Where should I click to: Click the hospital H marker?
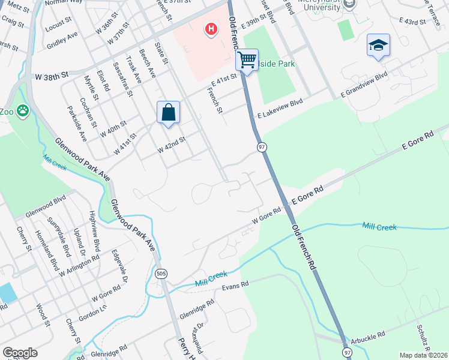[x=211, y=29]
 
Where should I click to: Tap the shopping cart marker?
[x=246, y=60]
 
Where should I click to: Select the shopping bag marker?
[x=168, y=112]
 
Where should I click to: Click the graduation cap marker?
[x=378, y=45]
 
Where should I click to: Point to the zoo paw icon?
[x=23, y=110]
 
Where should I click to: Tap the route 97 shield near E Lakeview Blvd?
[x=262, y=147]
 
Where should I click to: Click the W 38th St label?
[x=52, y=77]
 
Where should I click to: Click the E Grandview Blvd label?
[x=364, y=86]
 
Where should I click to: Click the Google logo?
[x=20, y=353]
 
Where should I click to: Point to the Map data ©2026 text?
[x=423, y=355]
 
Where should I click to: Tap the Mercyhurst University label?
[x=330, y=5]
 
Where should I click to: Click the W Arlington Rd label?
[x=79, y=267]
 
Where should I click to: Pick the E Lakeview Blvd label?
[x=280, y=108]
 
